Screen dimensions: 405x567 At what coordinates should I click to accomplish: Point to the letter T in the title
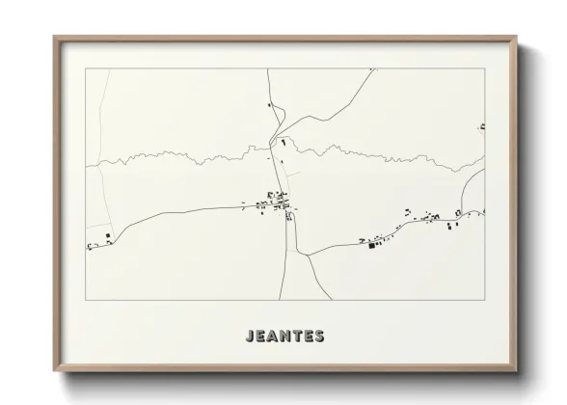pos(298,337)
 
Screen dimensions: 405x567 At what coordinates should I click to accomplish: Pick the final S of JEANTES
pos(319,337)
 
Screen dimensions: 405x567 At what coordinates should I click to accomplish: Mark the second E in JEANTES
pos(309,337)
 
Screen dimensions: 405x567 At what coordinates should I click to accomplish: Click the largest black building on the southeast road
pos(369,246)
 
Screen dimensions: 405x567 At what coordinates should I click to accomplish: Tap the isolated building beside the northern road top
pos(270,105)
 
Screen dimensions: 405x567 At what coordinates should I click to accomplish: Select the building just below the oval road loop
pos(283,142)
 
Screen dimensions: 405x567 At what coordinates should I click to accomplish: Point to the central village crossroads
pos(284,205)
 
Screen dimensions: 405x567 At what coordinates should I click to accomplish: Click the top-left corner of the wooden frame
pos(55,38)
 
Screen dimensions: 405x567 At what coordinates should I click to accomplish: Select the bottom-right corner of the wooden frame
pos(516,371)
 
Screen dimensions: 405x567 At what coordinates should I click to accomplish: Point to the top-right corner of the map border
pos(484,68)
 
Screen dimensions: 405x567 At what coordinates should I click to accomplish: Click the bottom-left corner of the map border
pos(86,300)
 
